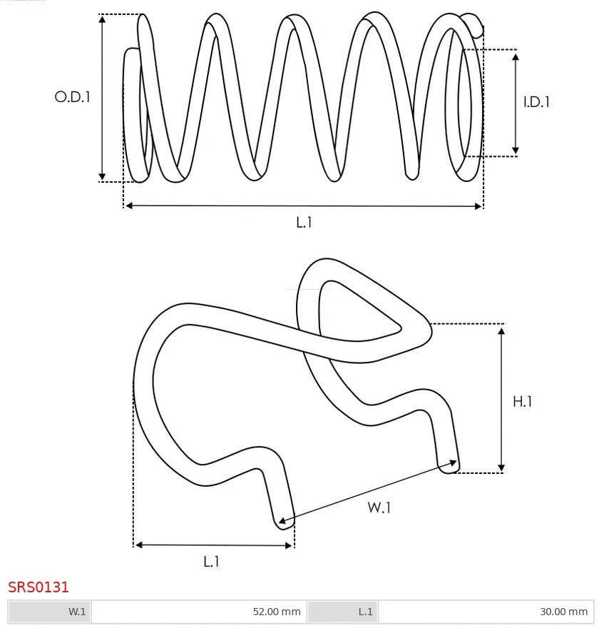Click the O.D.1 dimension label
coord(73,97)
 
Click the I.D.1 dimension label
coord(536,102)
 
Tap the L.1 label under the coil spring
coord(304,223)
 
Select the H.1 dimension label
coord(523,402)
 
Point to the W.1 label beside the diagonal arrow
coord(379,507)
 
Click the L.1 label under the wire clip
coord(211,562)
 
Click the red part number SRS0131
coord(39,587)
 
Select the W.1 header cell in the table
coord(77,612)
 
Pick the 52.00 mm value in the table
coord(277,612)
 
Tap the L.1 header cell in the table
coord(365,612)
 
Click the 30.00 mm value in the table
coord(563,612)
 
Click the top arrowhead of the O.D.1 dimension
coord(103,19)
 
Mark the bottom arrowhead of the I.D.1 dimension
coord(516,151)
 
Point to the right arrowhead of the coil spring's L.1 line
coord(478,206)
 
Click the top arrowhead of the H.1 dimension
coord(502,329)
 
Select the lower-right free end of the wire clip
coord(451,465)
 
